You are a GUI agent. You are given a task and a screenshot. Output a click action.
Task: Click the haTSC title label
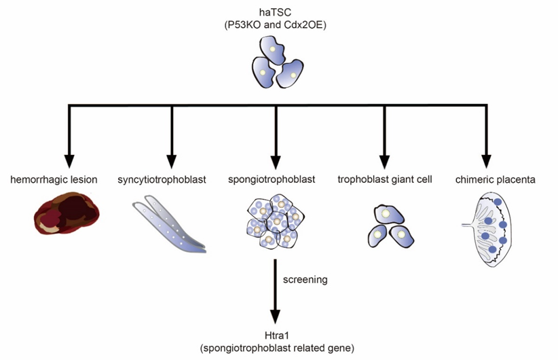275,12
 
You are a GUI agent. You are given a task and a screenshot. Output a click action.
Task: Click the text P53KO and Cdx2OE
275,25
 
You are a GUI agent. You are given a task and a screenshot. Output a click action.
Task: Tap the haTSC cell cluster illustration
275,61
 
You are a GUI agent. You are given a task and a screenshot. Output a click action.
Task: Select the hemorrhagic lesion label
54,180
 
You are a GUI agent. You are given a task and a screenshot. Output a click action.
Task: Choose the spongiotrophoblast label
276,180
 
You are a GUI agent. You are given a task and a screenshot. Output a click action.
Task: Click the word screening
305,279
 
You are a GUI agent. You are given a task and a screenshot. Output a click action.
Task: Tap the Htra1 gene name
276,336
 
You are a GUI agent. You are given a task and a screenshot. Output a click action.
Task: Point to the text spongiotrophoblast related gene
276,348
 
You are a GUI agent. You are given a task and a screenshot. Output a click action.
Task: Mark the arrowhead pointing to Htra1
275,316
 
